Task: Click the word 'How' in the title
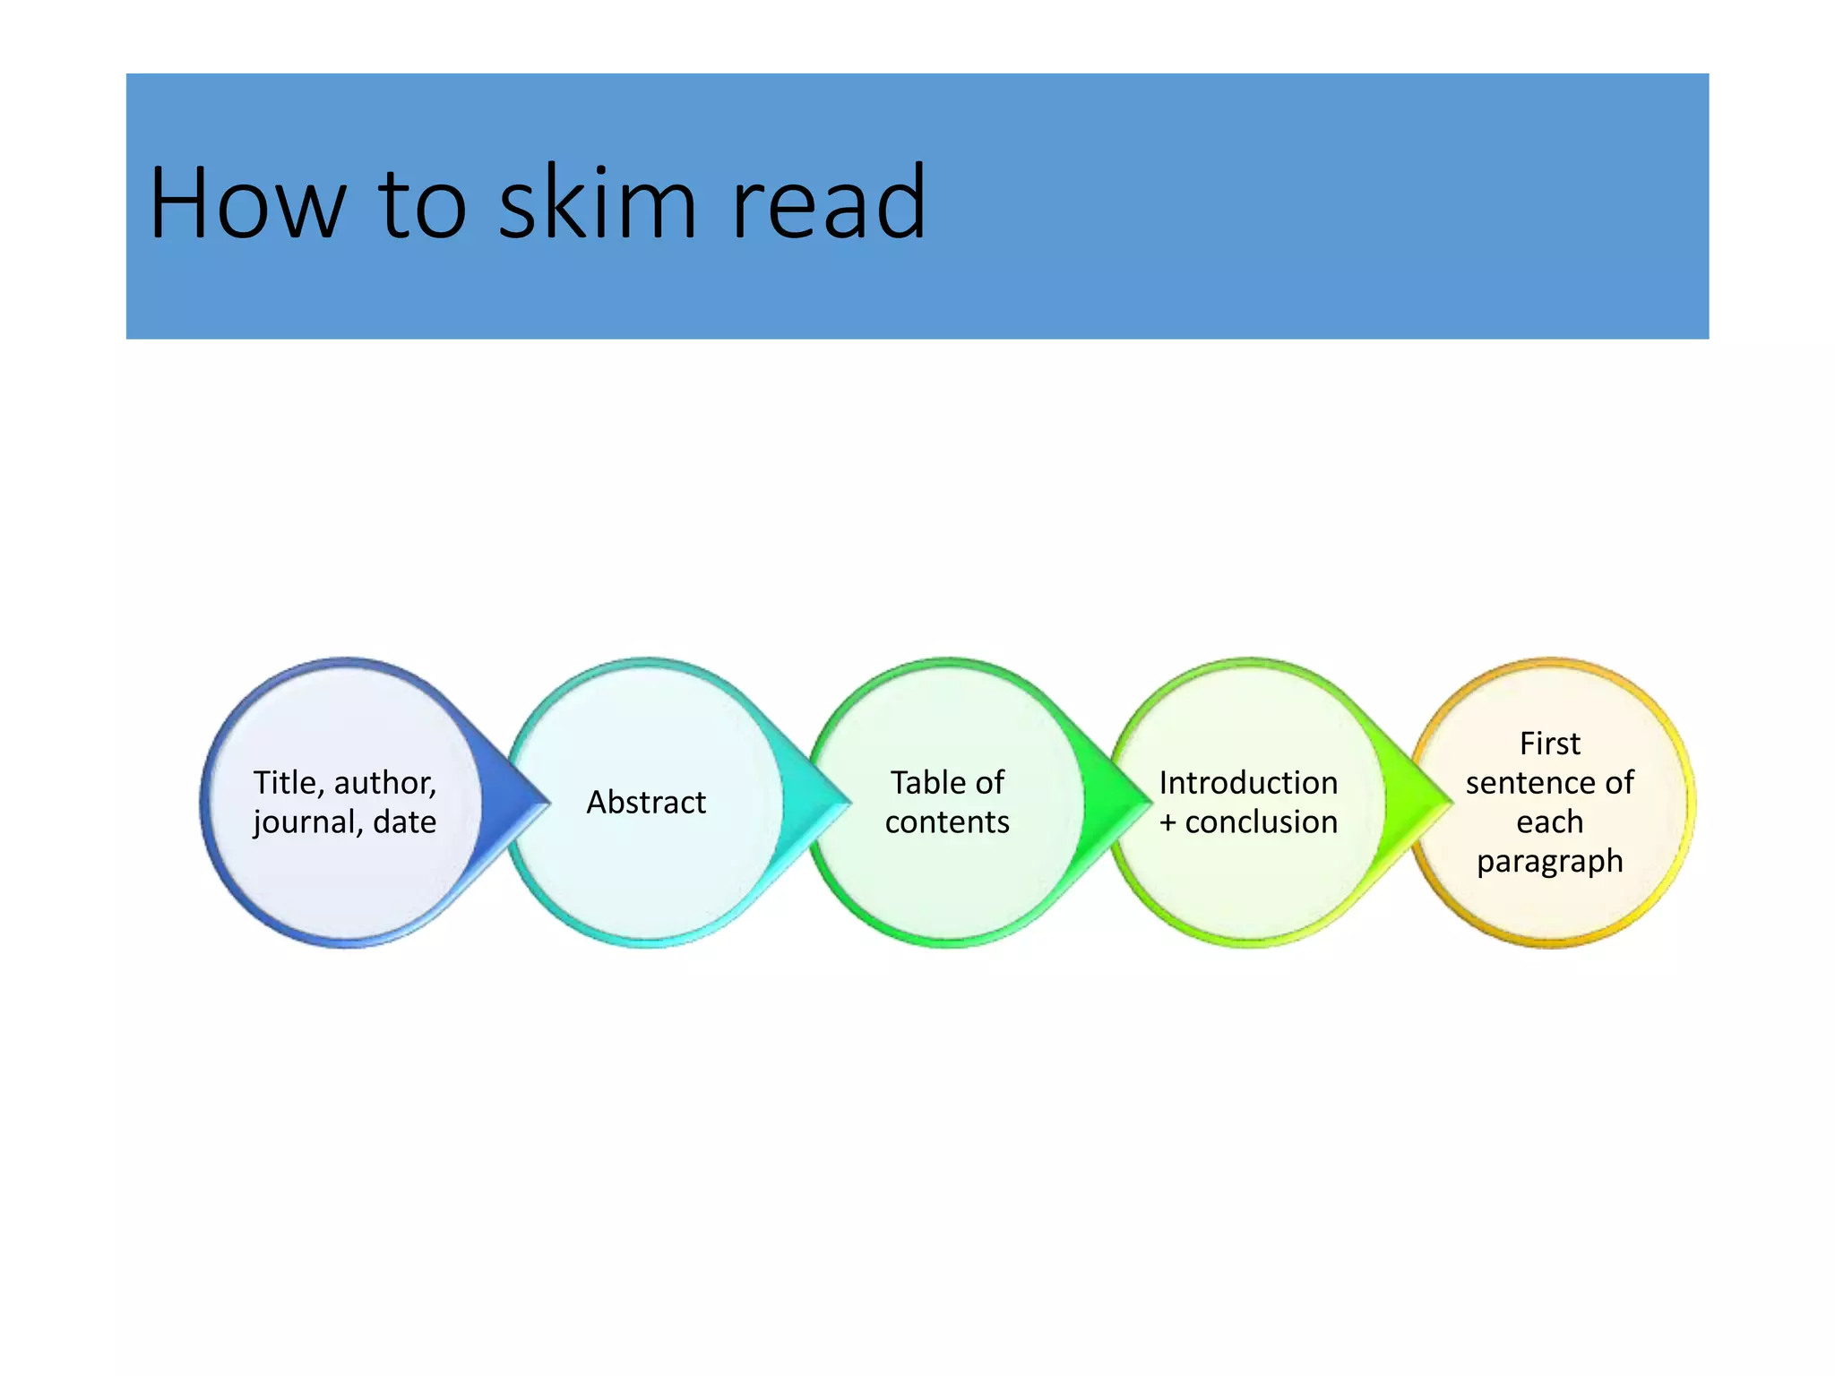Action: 247,204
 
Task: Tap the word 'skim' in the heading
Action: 597,204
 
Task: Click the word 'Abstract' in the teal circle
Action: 646,803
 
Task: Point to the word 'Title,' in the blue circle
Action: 288,783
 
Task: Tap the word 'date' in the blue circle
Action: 405,822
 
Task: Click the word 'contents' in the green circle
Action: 947,822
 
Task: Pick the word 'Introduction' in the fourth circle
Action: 1248,783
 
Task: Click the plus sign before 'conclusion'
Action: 1167,822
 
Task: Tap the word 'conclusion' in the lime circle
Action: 1262,822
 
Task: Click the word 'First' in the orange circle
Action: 1549,744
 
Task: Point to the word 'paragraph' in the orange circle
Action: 1549,862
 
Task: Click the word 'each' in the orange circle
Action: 1549,822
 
